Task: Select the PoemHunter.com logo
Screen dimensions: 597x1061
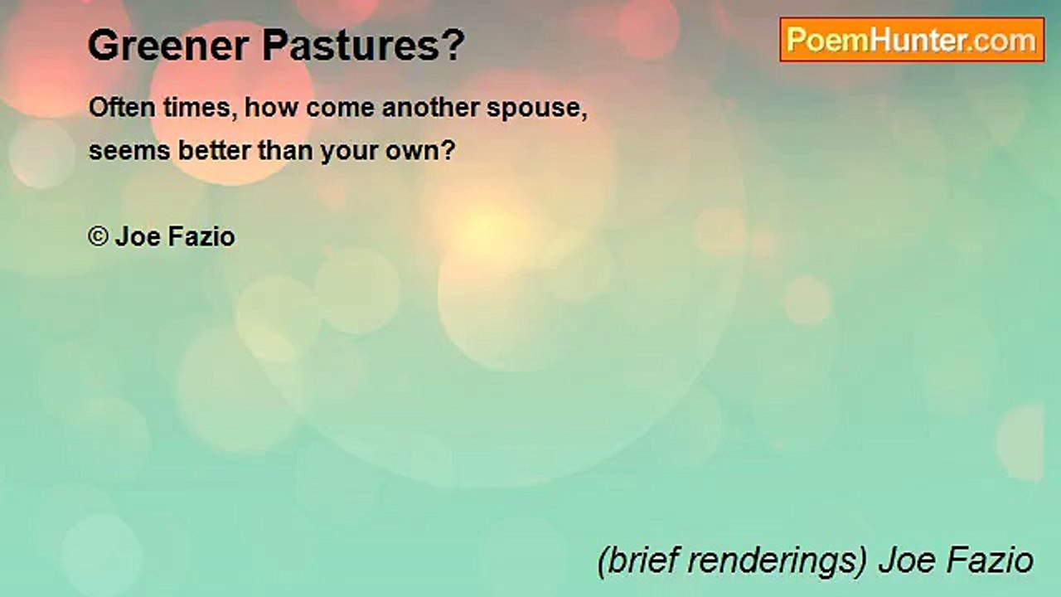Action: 911,40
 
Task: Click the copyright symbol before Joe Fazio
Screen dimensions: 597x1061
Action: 98,237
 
